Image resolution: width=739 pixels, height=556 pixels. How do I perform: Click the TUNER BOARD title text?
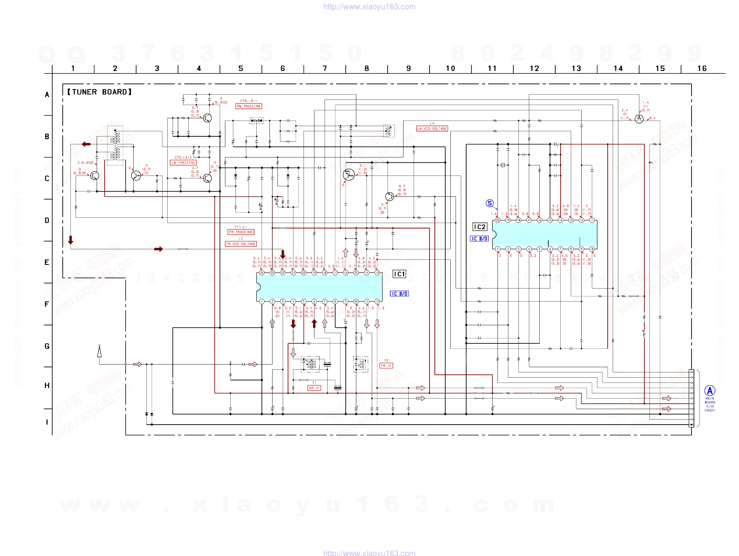(99, 92)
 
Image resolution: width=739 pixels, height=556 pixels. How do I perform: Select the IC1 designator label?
(399, 274)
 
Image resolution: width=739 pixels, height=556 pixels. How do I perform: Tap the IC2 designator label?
(480, 227)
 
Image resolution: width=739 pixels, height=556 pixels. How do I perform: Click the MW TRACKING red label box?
(248, 106)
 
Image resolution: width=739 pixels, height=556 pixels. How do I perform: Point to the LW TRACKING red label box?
(183, 163)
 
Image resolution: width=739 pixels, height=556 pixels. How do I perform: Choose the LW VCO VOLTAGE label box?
(432, 129)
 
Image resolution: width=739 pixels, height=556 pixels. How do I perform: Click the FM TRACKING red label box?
(241, 232)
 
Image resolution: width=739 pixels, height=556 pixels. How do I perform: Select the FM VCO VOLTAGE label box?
(241, 244)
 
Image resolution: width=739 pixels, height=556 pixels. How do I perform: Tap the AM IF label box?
(314, 388)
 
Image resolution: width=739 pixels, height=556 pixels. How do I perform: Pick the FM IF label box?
(386, 366)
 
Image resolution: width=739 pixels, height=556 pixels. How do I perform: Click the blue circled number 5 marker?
(490, 203)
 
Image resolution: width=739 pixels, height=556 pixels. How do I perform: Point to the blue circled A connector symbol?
(710, 391)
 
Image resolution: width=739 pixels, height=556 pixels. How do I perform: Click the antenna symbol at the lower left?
(99, 352)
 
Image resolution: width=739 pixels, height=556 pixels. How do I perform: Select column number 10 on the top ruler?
(450, 69)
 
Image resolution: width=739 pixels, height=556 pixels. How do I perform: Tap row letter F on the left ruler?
(47, 304)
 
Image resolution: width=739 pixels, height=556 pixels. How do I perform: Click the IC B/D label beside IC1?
(399, 294)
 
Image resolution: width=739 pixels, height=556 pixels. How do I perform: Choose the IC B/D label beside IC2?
(479, 239)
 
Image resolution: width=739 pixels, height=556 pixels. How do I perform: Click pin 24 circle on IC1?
(262, 273)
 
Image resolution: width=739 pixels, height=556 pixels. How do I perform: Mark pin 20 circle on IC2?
(498, 220)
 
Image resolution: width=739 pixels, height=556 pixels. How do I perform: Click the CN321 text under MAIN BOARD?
(710, 410)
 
